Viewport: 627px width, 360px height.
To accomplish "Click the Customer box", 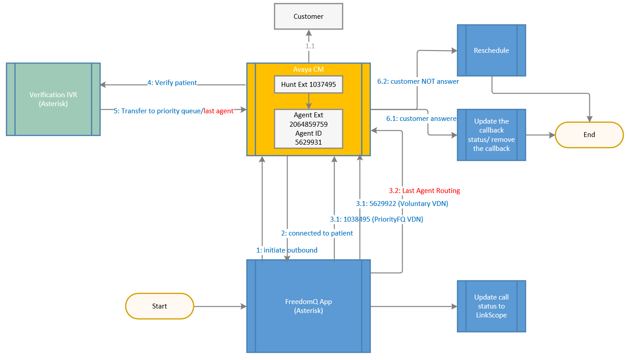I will [x=309, y=17].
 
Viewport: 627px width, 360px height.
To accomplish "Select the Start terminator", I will [x=159, y=306].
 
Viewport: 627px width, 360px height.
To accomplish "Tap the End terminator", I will [x=589, y=135].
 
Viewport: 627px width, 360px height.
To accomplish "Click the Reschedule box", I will [x=491, y=51].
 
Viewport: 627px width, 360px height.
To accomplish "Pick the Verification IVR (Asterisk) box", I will [x=53, y=99].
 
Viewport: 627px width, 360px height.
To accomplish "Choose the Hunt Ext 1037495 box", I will [x=309, y=85].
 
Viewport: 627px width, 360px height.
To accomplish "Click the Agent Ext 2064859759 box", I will [x=309, y=129].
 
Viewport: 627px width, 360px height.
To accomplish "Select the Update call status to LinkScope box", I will [x=491, y=306].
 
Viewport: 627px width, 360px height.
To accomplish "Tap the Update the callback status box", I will [x=491, y=135].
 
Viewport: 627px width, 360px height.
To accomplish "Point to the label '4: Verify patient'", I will [x=172, y=83].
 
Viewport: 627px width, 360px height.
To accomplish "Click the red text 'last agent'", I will [x=219, y=111].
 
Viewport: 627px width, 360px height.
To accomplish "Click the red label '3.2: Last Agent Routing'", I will [x=425, y=191].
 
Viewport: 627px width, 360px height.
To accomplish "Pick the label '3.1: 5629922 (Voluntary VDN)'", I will [x=402, y=204].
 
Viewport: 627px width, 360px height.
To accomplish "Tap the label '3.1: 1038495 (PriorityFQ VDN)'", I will [x=377, y=219].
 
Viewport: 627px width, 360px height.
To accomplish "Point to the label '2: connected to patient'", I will [x=317, y=233].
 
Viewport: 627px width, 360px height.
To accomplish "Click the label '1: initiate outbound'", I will [x=287, y=250].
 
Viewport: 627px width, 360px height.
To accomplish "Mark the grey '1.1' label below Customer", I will [x=310, y=46].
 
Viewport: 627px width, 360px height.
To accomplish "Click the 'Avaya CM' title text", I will [x=309, y=69].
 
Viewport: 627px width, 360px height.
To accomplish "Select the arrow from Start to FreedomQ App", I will [x=220, y=307].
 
